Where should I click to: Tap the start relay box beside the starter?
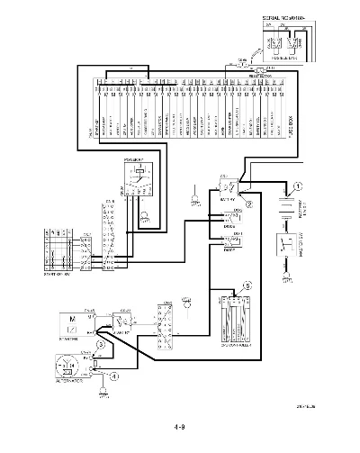coord(118,321)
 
